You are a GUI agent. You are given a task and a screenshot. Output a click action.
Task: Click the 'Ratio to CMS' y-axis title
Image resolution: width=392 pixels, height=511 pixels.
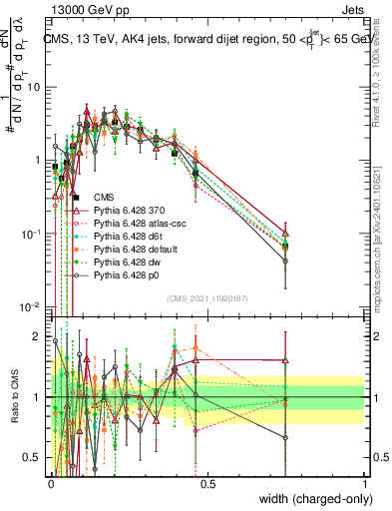click(x=14, y=397)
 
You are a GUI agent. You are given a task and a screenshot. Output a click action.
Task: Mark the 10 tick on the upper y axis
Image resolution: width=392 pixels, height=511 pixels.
click(x=34, y=87)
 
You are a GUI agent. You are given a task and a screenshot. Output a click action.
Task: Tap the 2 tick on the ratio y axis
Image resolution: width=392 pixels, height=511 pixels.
click(x=38, y=335)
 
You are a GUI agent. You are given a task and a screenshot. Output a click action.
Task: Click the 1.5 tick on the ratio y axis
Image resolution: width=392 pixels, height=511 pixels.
click(x=34, y=366)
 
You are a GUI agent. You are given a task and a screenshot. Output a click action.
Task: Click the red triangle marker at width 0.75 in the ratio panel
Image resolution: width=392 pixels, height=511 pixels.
click(x=286, y=360)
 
